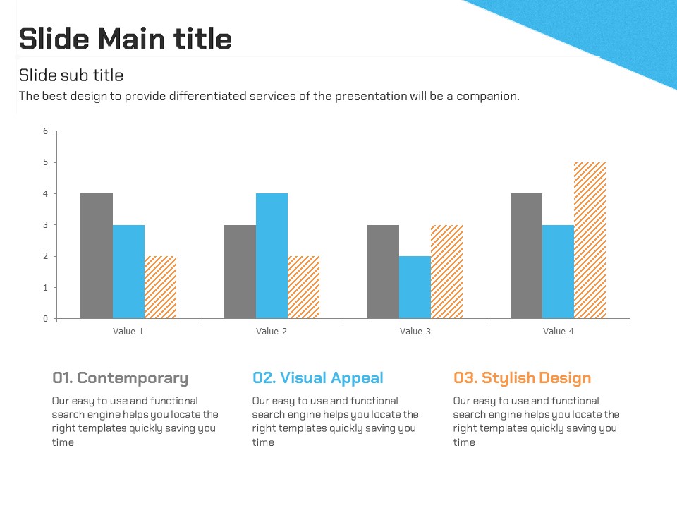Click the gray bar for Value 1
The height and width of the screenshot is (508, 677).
tap(97, 255)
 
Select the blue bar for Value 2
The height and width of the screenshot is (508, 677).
tap(272, 255)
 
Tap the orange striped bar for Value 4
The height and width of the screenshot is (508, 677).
tap(590, 240)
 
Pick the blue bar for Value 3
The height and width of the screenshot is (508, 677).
tap(415, 287)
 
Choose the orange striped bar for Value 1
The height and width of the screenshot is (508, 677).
tap(160, 287)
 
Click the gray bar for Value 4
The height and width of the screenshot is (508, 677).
tap(526, 255)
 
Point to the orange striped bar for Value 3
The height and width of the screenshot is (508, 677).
tap(446, 272)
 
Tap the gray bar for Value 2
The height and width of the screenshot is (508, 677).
tap(240, 272)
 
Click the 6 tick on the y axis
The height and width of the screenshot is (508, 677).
tap(46, 131)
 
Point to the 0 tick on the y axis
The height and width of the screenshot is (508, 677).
tap(46, 319)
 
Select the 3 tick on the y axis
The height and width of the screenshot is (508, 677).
tap(46, 225)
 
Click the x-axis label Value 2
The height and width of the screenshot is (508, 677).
tap(272, 332)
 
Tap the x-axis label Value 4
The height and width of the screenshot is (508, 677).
tap(559, 332)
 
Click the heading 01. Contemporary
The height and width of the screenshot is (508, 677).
tap(121, 378)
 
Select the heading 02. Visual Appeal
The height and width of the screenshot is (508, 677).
tap(318, 378)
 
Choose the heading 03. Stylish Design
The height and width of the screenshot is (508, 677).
tap(522, 378)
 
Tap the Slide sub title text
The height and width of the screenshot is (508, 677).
tap(71, 75)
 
